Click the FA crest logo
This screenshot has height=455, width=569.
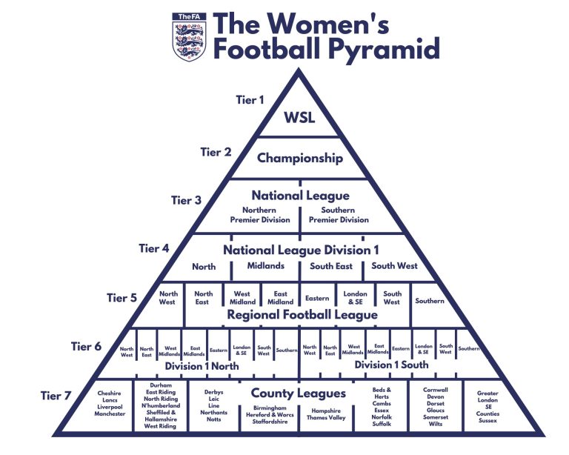coord(187,36)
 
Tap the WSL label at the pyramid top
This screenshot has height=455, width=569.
coord(299,118)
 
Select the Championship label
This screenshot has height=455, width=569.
coord(299,158)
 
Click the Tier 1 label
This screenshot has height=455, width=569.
coord(250,99)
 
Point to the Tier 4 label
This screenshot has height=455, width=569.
coord(154,248)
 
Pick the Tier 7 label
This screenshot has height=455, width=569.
coord(57,396)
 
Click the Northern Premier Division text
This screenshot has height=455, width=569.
coord(259,215)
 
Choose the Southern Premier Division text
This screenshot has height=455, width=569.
coord(339,215)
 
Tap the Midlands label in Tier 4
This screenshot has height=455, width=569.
coord(265,265)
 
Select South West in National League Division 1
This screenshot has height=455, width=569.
coord(394,265)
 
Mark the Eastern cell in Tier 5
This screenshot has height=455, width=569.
coord(317,299)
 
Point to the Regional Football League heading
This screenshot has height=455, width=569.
coord(302,315)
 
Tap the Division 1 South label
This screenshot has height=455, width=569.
coord(391,365)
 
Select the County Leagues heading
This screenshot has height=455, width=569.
coord(298,393)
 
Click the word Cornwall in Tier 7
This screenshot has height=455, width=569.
coord(435,389)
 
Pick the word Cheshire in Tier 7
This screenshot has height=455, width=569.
coord(109,393)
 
